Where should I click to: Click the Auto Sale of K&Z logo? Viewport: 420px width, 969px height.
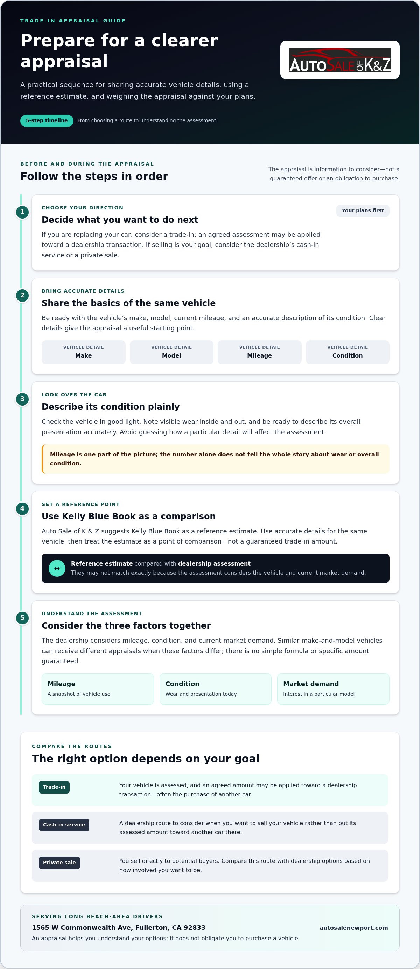click(x=339, y=60)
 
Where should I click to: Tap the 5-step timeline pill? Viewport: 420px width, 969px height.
click(x=47, y=121)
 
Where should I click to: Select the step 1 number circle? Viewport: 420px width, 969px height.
click(x=22, y=212)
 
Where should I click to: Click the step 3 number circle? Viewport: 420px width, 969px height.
click(x=22, y=399)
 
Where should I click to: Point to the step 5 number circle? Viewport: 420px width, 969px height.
click(x=22, y=618)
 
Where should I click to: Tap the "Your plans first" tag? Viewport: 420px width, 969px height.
click(x=363, y=211)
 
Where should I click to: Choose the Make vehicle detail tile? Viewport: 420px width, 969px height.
click(x=83, y=352)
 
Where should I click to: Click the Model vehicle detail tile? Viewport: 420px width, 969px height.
click(x=171, y=352)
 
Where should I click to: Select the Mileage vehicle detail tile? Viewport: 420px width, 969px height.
click(x=259, y=352)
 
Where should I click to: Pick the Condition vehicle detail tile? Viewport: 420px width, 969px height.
click(x=348, y=352)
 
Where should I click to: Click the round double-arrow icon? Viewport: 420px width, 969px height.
click(x=57, y=568)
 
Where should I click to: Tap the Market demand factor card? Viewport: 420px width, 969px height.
click(x=333, y=689)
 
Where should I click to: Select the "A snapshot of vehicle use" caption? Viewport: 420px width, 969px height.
click(x=79, y=694)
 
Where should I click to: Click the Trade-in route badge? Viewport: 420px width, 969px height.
click(x=54, y=787)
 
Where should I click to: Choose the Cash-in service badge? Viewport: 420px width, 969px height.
click(x=64, y=825)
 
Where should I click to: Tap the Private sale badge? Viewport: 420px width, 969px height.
click(x=59, y=863)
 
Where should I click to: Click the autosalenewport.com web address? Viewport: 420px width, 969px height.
click(x=353, y=928)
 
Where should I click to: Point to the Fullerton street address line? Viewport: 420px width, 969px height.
click(x=118, y=928)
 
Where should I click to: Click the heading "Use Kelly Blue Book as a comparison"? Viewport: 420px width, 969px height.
click(x=128, y=517)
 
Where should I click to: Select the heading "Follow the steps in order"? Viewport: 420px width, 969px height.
click(x=94, y=177)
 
